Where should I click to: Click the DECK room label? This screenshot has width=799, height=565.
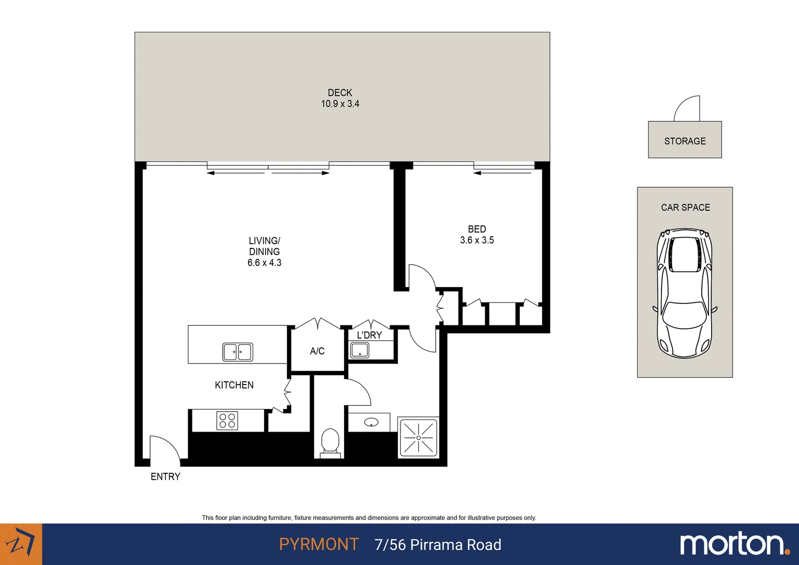tap(340, 93)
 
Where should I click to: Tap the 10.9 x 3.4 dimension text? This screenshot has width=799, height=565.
tap(340, 104)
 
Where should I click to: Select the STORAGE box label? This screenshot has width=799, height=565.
tap(684, 141)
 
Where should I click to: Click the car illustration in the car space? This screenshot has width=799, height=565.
tap(684, 293)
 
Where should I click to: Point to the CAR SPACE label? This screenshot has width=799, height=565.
tap(685, 208)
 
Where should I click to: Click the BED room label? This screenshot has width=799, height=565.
tap(477, 229)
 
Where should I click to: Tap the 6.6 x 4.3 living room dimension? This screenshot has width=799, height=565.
tap(264, 263)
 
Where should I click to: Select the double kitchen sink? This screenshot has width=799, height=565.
tap(237, 352)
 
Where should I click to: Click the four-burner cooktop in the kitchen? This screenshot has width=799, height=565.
tap(227, 421)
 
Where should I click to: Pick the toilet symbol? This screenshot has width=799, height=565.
tap(330, 443)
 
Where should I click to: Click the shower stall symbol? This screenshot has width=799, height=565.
tap(418, 437)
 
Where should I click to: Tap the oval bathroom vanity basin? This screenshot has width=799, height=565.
tap(371, 422)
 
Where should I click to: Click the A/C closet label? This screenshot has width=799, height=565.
tap(317, 351)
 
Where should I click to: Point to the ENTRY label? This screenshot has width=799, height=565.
tap(165, 477)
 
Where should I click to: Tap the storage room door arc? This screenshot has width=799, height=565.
tap(687, 108)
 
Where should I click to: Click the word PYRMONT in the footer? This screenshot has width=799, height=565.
tap(318, 545)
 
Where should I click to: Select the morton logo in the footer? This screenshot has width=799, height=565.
tap(734, 544)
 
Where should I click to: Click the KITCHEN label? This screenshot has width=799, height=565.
tap(234, 385)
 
